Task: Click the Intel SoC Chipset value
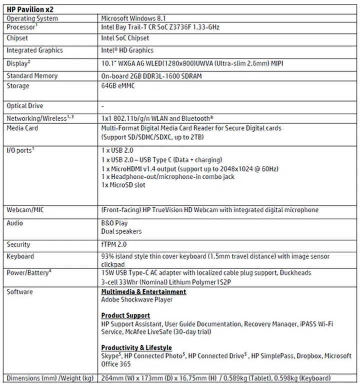pos(125,38)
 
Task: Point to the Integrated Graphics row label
pos(34,51)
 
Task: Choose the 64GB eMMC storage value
pos(118,86)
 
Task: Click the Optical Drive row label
pos(25,106)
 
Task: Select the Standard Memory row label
pos(32,76)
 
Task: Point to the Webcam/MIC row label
pos(25,210)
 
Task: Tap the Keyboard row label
pos(20,257)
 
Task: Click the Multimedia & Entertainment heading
pos(144,291)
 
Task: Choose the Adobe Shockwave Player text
pos(137,299)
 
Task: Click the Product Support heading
pos(125,315)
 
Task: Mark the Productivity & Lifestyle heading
pos(136,347)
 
